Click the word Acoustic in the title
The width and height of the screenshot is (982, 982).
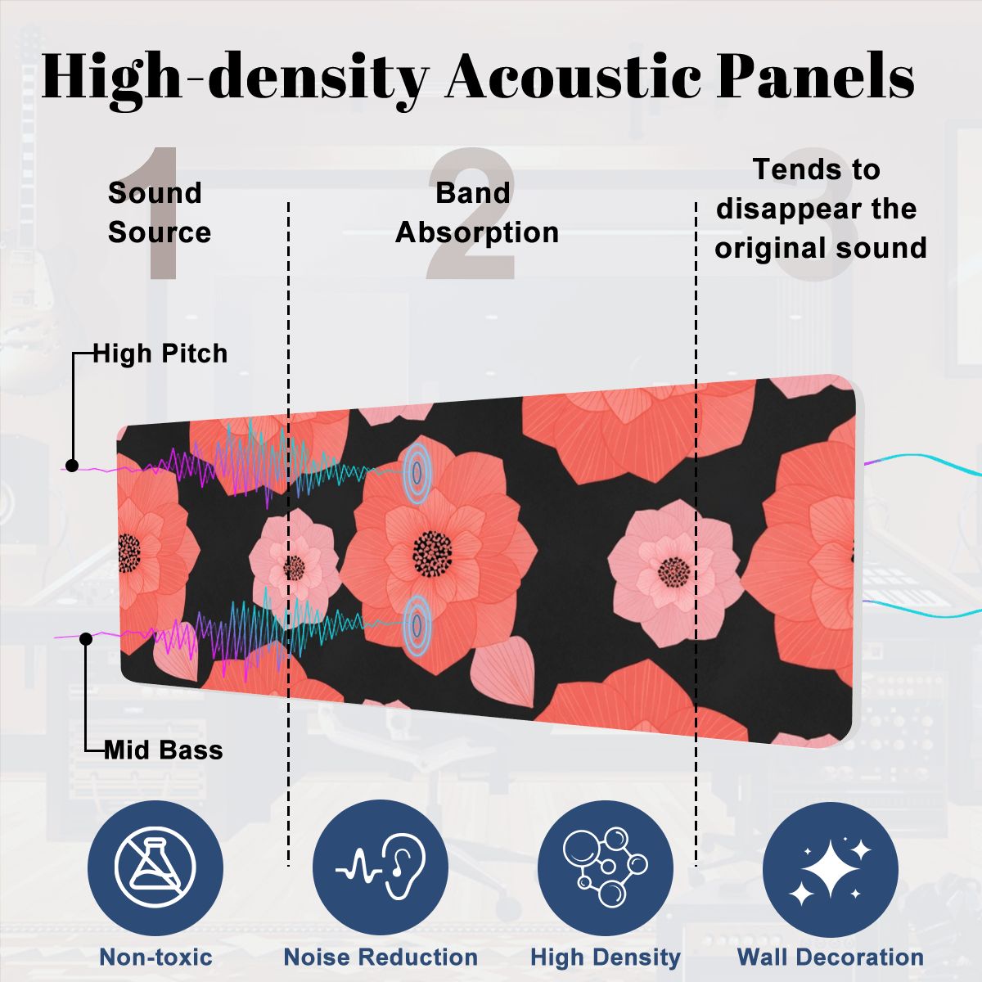click(574, 76)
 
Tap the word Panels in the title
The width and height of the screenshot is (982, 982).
click(815, 76)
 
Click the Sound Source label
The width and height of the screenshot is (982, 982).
click(160, 213)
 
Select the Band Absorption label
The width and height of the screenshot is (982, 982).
click(477, 213)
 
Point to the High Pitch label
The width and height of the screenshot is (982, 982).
click(160, 354)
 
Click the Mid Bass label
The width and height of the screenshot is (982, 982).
click(164, 750)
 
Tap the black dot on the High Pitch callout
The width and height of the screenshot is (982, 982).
click(72, 466)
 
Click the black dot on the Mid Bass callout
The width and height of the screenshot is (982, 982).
click(86, 638)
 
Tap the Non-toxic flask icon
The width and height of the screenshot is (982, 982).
click(155, 867)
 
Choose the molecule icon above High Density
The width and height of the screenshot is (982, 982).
click(606, 867)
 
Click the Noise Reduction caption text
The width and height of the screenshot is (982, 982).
click(381, 957)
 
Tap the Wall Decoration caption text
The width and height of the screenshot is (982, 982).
click(831, 957)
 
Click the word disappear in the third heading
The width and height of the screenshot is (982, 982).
click(787, 209)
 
